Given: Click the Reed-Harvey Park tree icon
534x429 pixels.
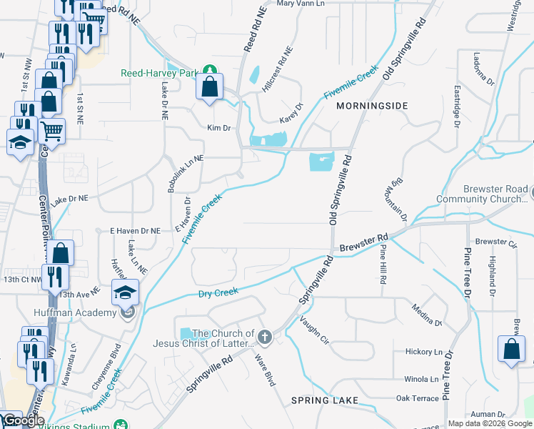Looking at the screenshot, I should [x=210, y=70].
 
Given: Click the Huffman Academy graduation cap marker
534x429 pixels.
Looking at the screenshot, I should [x=126, y=293].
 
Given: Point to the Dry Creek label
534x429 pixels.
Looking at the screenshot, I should [x=218, y=294].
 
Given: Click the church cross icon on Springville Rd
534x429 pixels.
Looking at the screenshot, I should [x=265, y=336].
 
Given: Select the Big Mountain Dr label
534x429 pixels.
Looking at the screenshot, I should [x=398, y=201].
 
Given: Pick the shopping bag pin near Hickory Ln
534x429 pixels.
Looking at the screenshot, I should [x=511, y=350].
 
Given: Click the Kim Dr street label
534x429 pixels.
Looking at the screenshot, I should [x=218, y=128].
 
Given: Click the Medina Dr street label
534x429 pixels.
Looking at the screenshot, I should [x=427, y=315].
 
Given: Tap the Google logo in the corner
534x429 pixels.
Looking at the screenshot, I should [x=23, y=421].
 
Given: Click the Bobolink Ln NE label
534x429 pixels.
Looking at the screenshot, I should [x=185, y=174].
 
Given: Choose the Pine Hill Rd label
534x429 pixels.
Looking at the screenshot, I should [x=383, y=265].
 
